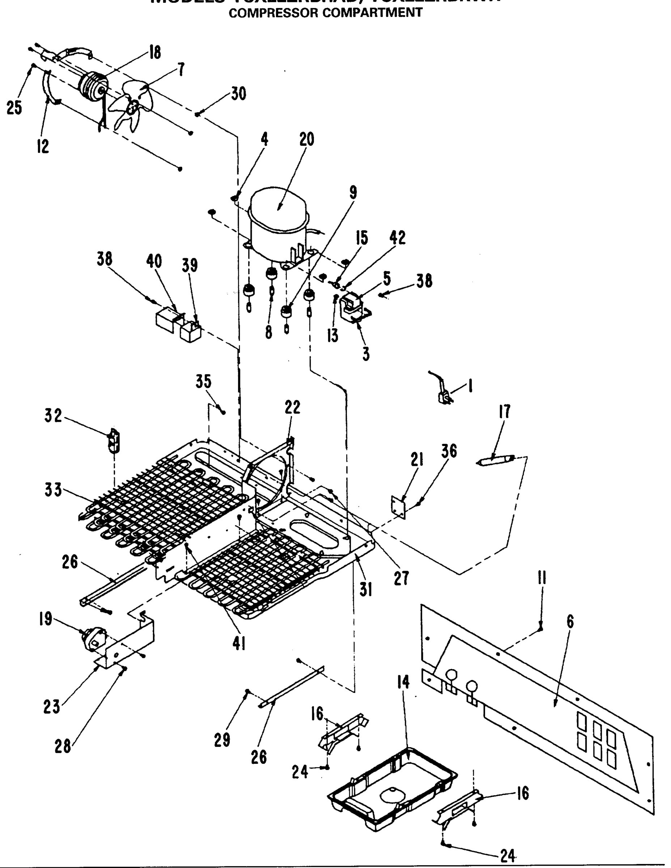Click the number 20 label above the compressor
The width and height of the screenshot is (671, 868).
pos(306,140)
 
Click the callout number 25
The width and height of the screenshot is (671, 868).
pos(14,108)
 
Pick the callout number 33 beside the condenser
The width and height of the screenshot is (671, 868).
pos(53,490)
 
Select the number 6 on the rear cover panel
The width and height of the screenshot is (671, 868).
pos(570,622)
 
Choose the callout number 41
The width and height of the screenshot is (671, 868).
pos(238,643)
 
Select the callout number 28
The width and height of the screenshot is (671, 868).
pos(63,747)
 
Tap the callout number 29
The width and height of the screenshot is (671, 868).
pos(222,740)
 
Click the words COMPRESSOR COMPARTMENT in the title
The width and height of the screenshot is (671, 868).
pos(326,13)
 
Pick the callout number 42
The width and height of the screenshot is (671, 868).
pos(397,238)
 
